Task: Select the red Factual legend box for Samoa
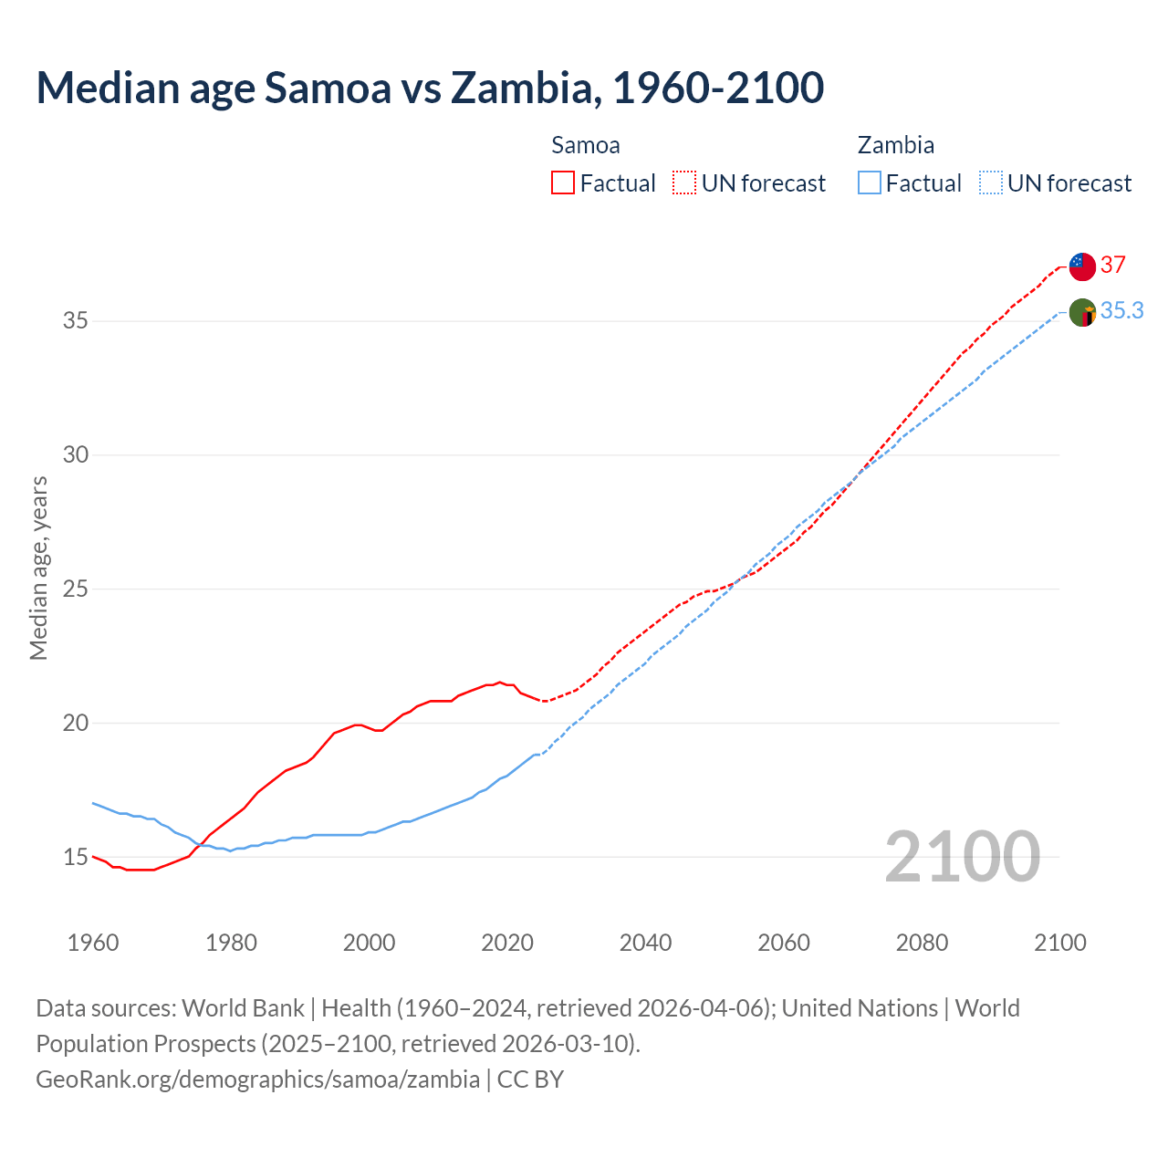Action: [563, 182]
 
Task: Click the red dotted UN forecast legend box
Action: [684, 182]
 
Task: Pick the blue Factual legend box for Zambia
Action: [870, 182]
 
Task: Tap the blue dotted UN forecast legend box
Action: [991, 182]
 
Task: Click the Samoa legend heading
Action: [585, 145]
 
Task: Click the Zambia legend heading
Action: [895, 145]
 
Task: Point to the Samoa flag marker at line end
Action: [1081, 266]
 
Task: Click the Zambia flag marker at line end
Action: [1081, 312]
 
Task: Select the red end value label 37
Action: [1112, 265]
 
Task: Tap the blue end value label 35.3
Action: [1121, 310]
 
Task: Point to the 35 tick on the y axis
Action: [75, 320]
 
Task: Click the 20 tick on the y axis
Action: [75, 723]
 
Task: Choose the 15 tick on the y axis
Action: [75, 857]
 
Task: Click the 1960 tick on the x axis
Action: [93, 942]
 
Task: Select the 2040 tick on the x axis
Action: [645, 942]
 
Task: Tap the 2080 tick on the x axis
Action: [922, 942]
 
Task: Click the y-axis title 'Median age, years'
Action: [38, 568]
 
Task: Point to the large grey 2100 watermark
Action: [962, 857]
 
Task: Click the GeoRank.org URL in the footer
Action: [257, 1079]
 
